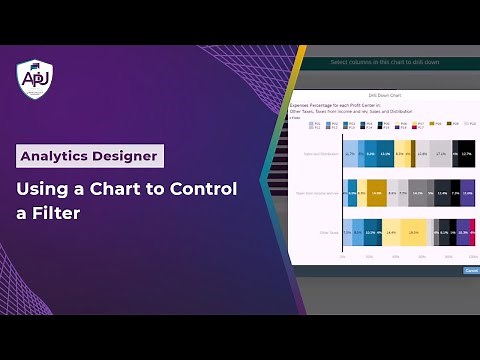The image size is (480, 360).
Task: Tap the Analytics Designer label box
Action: [x=90, y=156]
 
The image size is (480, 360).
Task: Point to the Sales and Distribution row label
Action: [x=319, y=154]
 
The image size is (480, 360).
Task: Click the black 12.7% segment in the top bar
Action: [x=466, y=154]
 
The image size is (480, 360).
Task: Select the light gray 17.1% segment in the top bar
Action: [x=441, y=154]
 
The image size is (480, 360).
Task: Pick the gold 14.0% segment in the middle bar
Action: [x=376, y=193]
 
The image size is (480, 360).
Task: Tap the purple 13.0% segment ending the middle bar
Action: [x=467, y=193]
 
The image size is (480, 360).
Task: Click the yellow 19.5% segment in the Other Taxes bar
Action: [x=414, y=232]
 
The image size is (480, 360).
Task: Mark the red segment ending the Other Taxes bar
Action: [x=474, y=232]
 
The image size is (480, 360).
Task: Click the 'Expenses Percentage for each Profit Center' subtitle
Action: [x=340, y=104]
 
